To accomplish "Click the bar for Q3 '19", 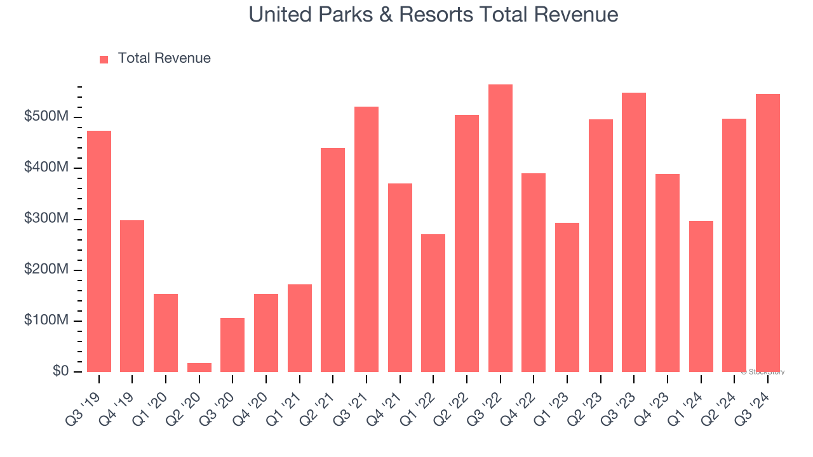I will [x=99, y=251].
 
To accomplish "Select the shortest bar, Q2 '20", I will [x=199, y=368].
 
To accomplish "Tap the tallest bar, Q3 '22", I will [x=501, y=228].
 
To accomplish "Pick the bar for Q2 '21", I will [x=333, y=260].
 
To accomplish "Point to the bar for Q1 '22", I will [x=433, y=303].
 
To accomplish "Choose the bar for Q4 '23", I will [x=668, y=273].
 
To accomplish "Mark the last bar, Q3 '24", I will [x=768, y=233].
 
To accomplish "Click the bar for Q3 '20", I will [x=232, y=345].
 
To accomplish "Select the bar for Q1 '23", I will [x=567, y=297].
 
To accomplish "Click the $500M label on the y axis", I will [x=46, y=117].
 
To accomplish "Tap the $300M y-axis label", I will [x=46, y=219].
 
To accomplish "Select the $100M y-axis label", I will [x=46, y=321].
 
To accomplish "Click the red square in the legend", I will [x=104, y=59].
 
